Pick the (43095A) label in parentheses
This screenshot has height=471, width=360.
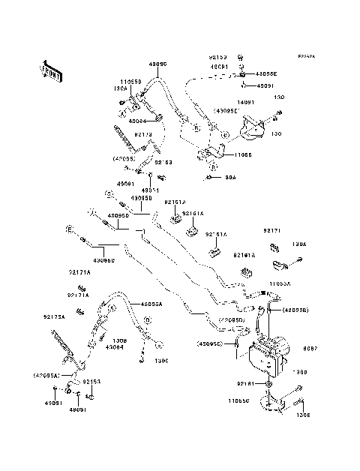47,374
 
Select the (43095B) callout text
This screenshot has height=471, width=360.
274,309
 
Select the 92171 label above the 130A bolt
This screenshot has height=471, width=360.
271,230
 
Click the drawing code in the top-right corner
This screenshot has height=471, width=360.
306,55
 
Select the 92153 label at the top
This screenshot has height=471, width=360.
217,57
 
